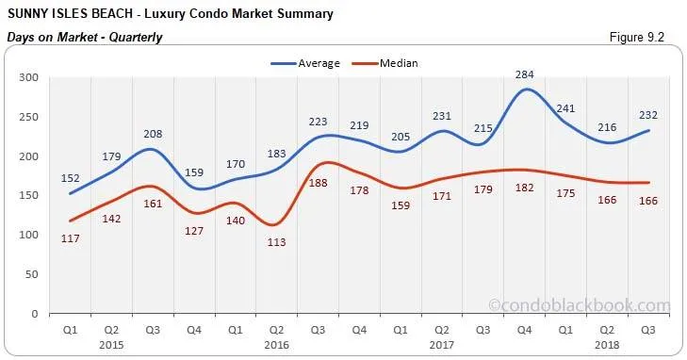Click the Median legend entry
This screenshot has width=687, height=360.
coord(398,63)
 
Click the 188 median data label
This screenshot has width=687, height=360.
coord(319,183)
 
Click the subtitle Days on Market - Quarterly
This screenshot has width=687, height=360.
coord(85,38)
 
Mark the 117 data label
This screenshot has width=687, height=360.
coord(71,238)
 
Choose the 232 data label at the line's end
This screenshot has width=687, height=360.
coord(646,115)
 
